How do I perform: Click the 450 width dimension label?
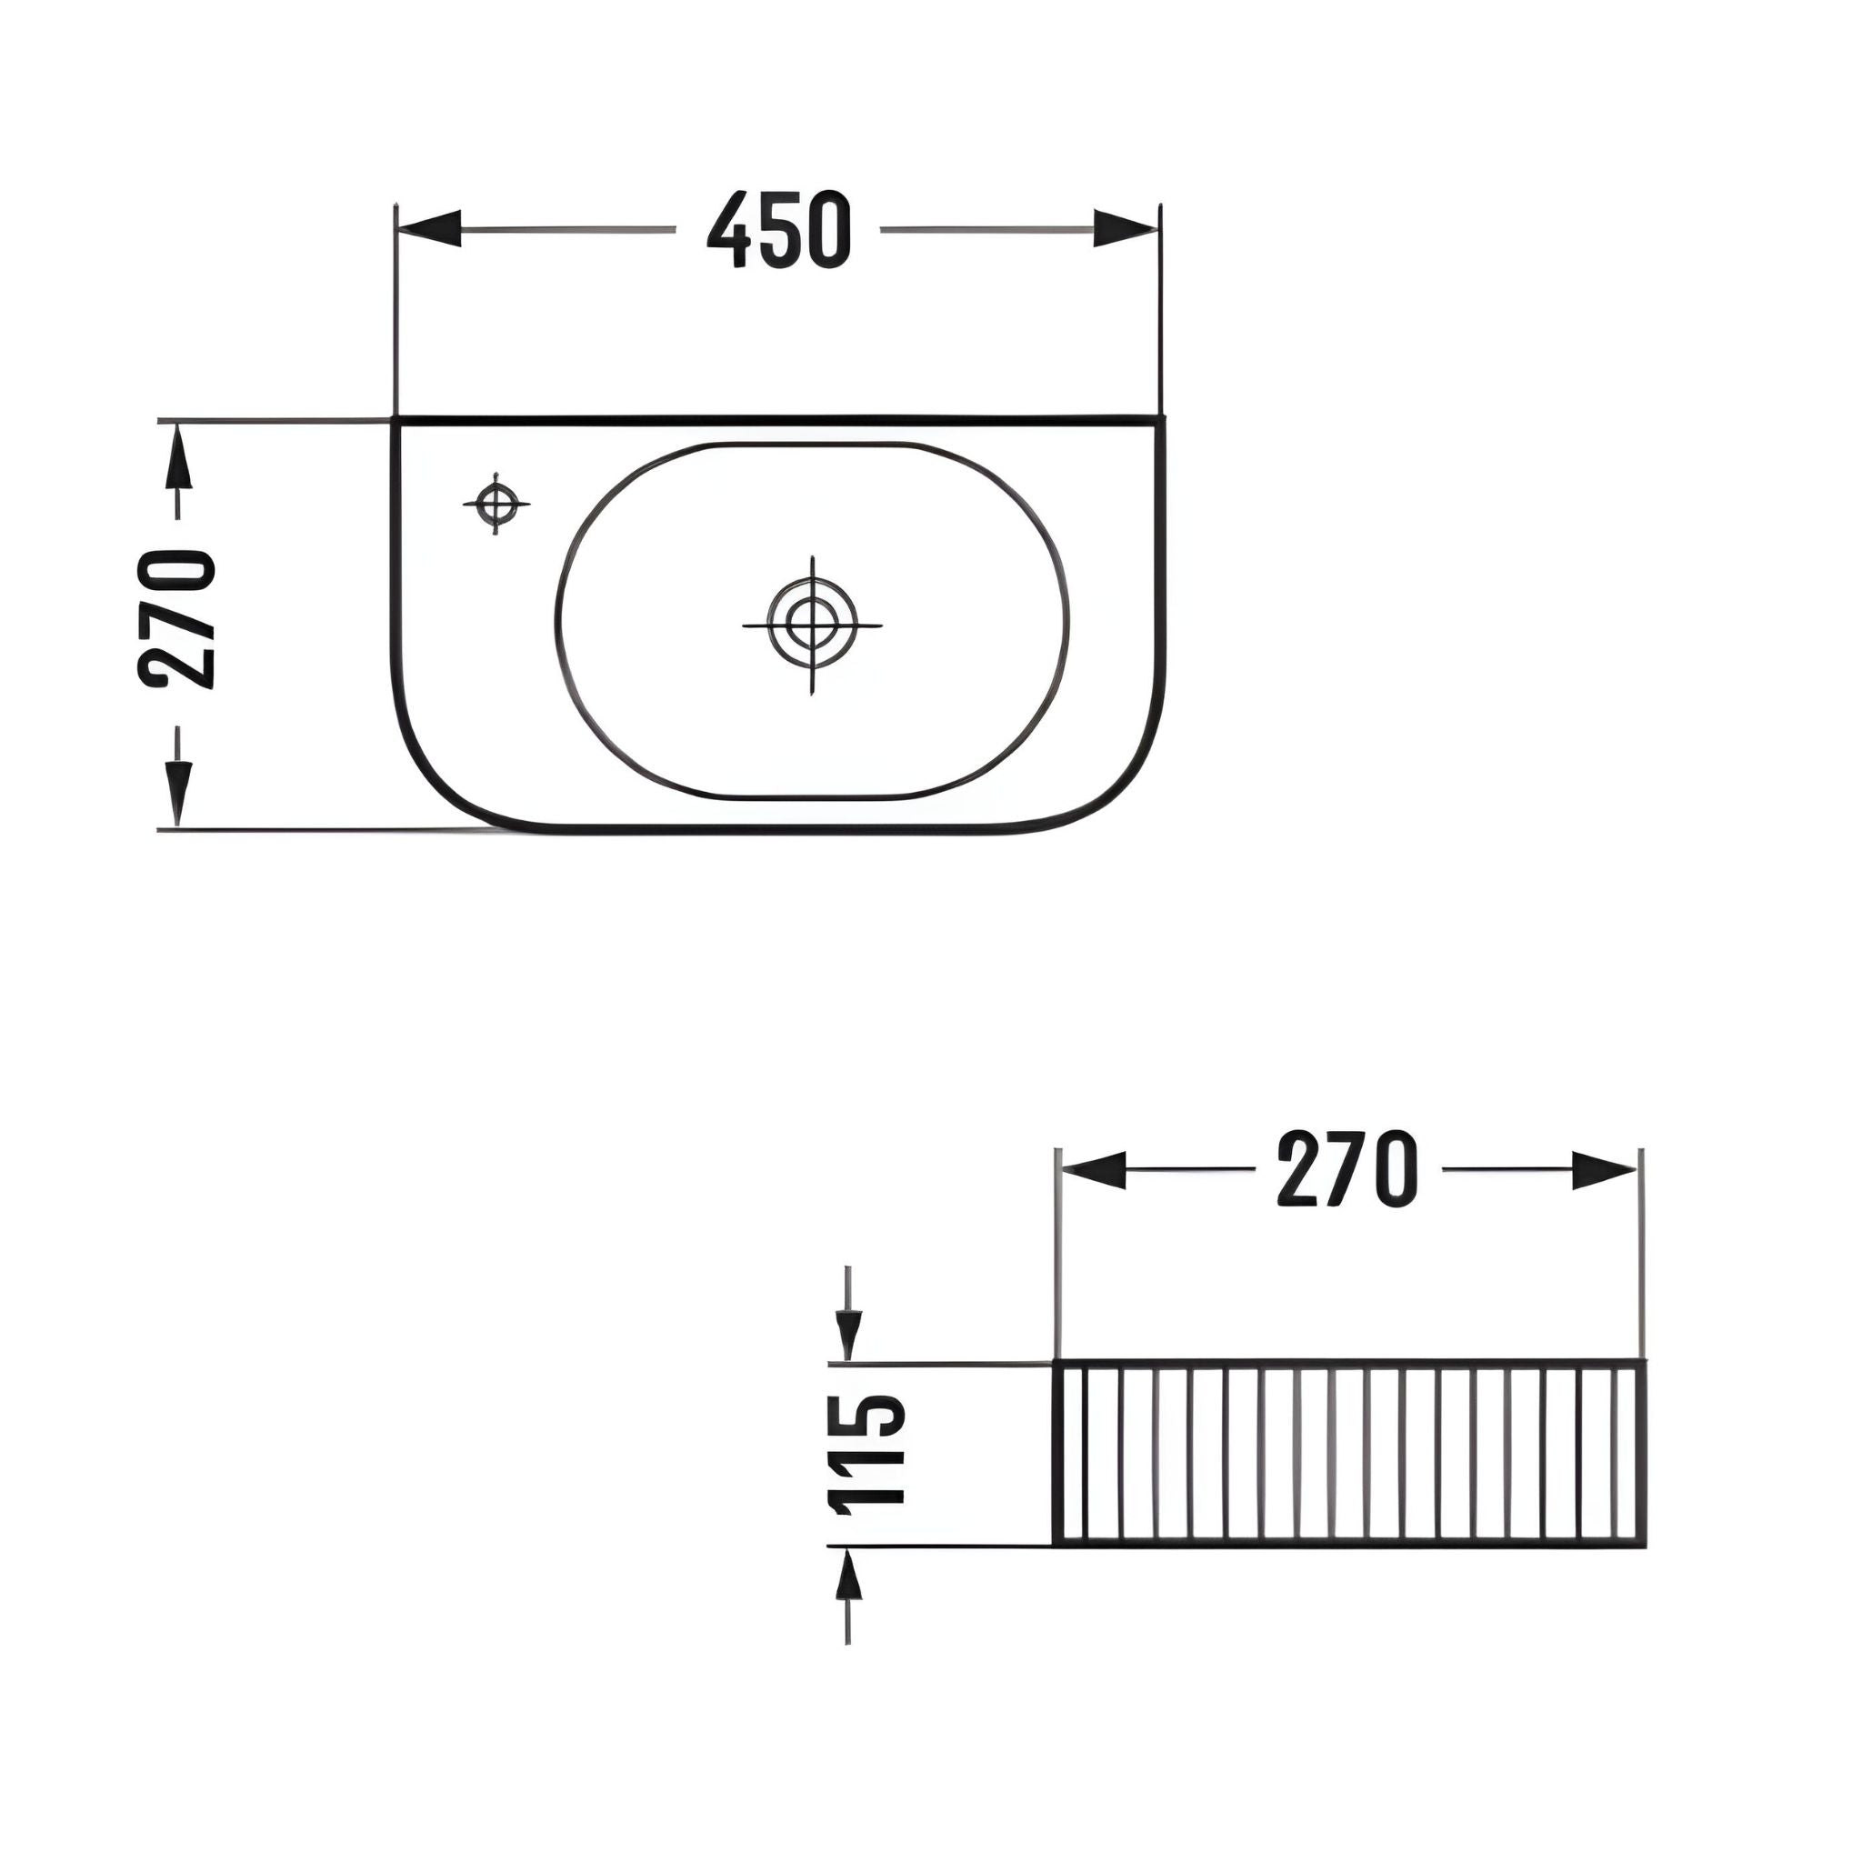click(x=780, y=229)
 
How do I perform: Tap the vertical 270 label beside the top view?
click(x=177, y=619)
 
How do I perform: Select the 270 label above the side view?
click(x=1347, y=1169)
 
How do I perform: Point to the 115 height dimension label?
click(x=866, y=1455)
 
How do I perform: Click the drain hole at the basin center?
click(x=813, y=624)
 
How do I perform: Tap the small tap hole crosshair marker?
click(x=496, y=503)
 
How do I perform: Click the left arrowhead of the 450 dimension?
click(x=429, y=228)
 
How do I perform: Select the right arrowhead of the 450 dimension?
click(x=1126, y=228)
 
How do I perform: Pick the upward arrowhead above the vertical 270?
click(x=177, y=459)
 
